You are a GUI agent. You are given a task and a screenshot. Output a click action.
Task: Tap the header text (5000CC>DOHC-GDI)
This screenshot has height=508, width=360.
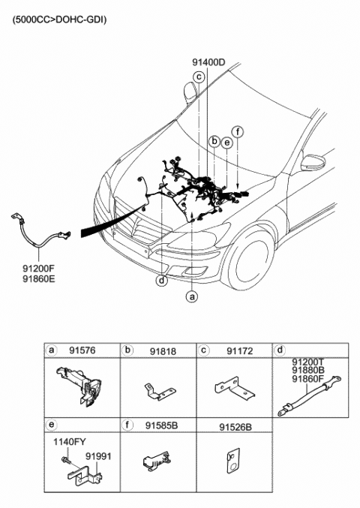click(59, 20)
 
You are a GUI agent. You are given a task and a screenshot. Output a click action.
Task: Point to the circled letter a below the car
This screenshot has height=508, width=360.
click(192, 296)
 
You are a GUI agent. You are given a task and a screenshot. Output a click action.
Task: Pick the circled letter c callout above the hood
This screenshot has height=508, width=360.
click(199, 77)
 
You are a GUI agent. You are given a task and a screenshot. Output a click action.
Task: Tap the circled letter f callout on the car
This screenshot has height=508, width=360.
click(238, 131)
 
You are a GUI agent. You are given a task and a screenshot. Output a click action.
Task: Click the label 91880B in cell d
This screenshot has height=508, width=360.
click(310, 369)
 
